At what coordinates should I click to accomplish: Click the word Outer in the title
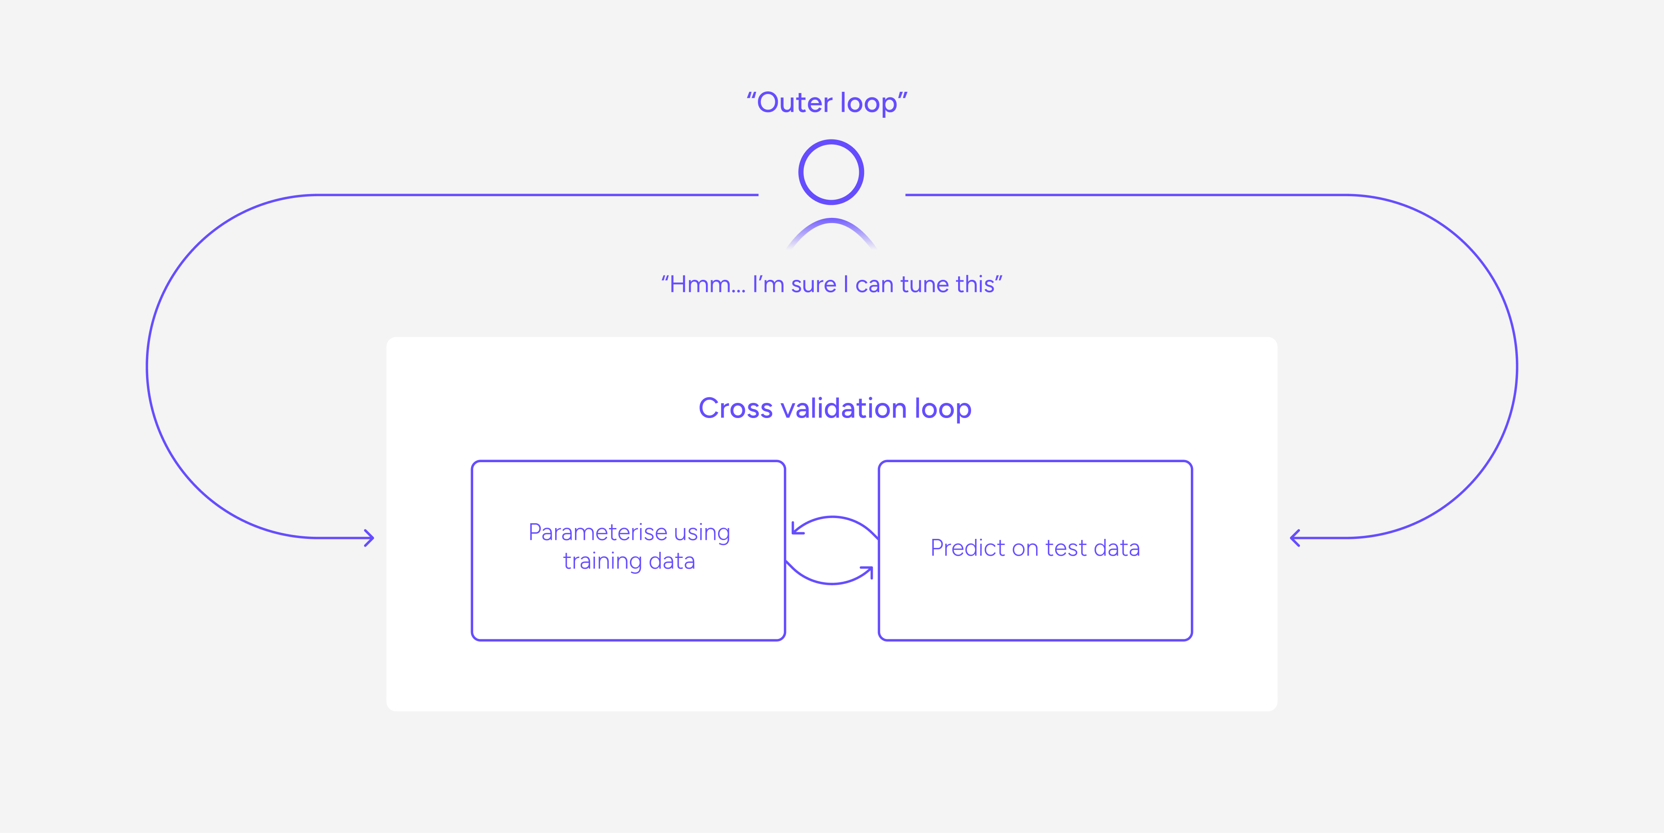coord(795,103)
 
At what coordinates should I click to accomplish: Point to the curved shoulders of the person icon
coord(832,223)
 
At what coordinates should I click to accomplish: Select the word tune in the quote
coord(924,284)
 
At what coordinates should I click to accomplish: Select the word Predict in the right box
coord(968,548)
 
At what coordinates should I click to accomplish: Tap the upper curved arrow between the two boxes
coord(833,517)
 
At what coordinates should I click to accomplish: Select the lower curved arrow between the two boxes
coord(832,583)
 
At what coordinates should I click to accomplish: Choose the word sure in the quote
coord(814,285)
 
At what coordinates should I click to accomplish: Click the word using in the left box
coord(702,533)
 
